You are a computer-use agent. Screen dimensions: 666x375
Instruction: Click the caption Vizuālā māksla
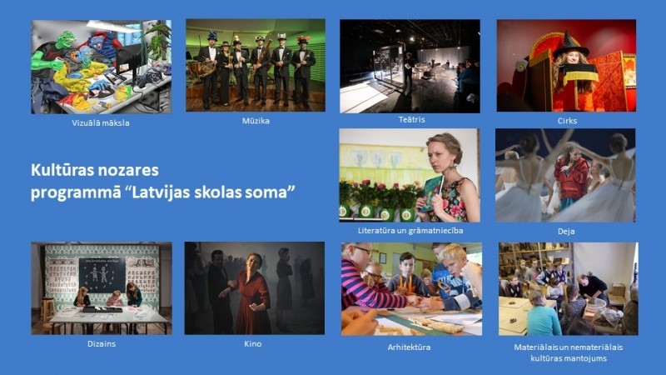click(101, 123)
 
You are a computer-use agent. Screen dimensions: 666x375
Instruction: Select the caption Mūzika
click(256, 121)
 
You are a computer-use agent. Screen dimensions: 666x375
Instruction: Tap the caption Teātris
click(411, 119)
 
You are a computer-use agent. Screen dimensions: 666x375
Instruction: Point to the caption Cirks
click(567, 121)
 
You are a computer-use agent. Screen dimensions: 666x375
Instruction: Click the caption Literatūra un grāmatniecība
click(410, 231)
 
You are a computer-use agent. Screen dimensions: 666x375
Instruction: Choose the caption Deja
click(566, 232)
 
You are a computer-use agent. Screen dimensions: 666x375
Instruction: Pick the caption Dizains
click(102, 343)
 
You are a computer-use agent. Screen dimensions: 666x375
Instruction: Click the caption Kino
click(253, 343)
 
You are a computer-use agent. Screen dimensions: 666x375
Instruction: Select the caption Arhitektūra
click(409, 347)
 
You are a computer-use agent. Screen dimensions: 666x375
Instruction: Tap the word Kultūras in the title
click(58, 170)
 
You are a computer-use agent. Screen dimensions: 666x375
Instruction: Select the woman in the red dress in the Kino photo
click(252, 294)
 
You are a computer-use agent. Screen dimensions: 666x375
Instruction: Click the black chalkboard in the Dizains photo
click(102, 275)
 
